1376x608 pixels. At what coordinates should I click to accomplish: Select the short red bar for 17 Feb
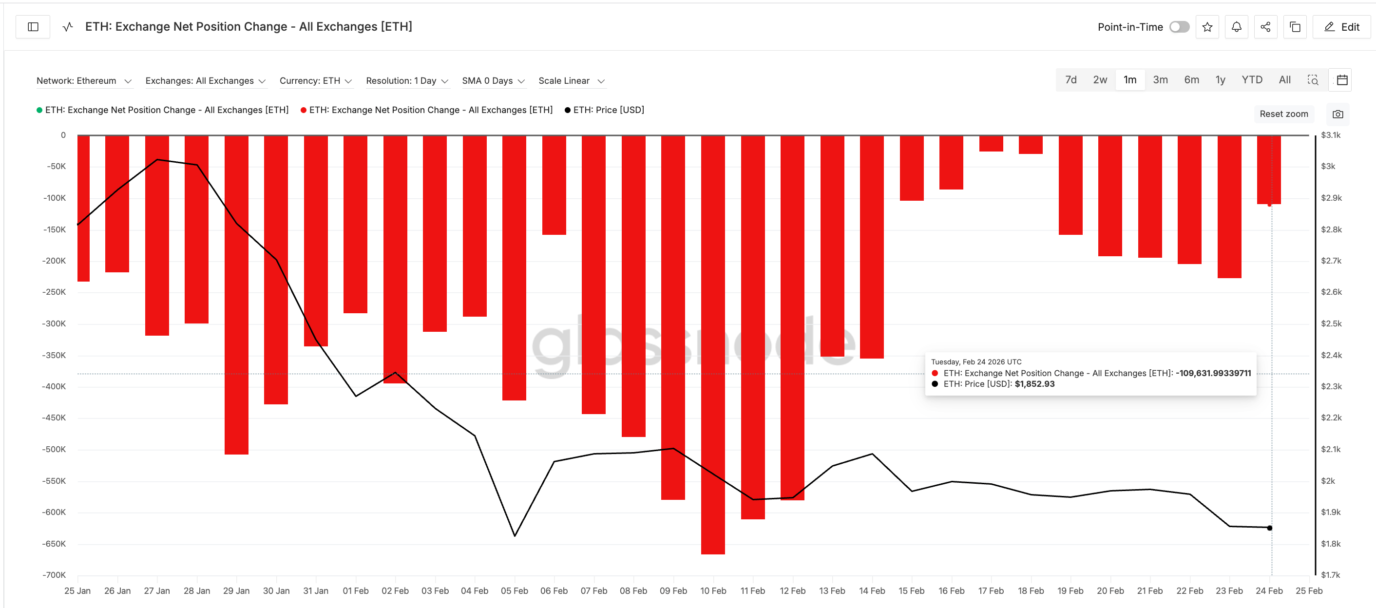click(x=991, y=143)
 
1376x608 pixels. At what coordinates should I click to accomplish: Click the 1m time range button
click(x=1129, y=80)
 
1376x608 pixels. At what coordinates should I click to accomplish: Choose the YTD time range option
click(x=1252, y=80)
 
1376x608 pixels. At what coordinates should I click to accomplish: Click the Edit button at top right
click(x=1341, y=27)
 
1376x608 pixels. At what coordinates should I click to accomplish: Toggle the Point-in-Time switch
click(x=1179, y=27)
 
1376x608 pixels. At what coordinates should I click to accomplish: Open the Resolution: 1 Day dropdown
click(x=406, y=81)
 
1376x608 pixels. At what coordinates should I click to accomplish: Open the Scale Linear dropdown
click(x=571, y=81)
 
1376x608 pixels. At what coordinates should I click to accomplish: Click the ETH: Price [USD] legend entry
click(x=608, y=110)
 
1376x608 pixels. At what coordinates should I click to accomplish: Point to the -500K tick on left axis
click(x=54, y=449)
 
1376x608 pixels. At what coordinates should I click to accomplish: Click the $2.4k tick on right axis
click(x=1331, y=355)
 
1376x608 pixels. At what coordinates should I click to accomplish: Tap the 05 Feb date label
click(x=514, y=591)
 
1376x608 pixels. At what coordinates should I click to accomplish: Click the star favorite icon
click(x=1206, y=27)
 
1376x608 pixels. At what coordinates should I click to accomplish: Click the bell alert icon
click(x=1236, y=27)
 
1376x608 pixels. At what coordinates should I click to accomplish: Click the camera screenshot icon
click(x=1338, y=114)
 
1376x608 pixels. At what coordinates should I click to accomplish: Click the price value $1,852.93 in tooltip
click(x=1034, y=384)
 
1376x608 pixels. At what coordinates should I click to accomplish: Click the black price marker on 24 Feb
click(x=1269, y=528)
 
